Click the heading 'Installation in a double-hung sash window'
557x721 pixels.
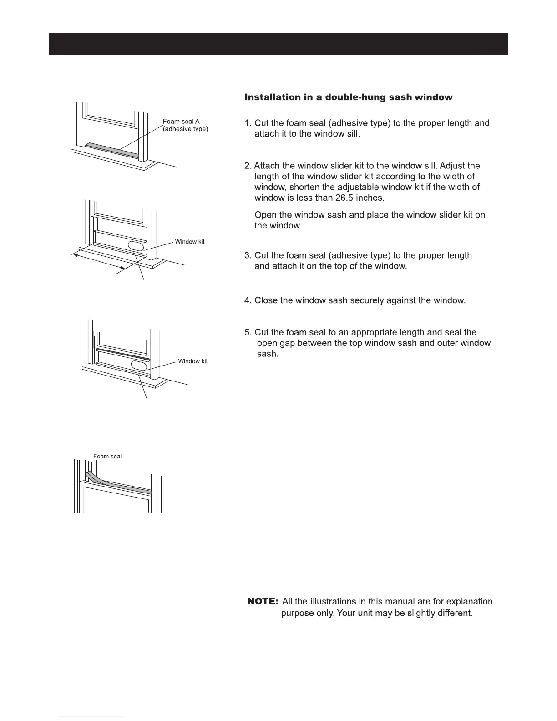coord(349,97)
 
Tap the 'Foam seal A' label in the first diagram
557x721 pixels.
coord(181,122)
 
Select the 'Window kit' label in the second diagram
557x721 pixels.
coord(190,242)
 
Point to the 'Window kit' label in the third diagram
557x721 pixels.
coord(193,361)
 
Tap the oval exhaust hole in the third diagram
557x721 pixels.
coord(140,366)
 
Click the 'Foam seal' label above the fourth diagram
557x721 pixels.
coord(107,457)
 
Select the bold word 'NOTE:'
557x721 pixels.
coord(263,602)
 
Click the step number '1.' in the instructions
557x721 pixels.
coord(248,123)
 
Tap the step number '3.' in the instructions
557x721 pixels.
coord(248,255)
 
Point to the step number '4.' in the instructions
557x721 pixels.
coord(248,300)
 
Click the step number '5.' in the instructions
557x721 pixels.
coord(248,332)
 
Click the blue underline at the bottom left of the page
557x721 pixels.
coord(91,717)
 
